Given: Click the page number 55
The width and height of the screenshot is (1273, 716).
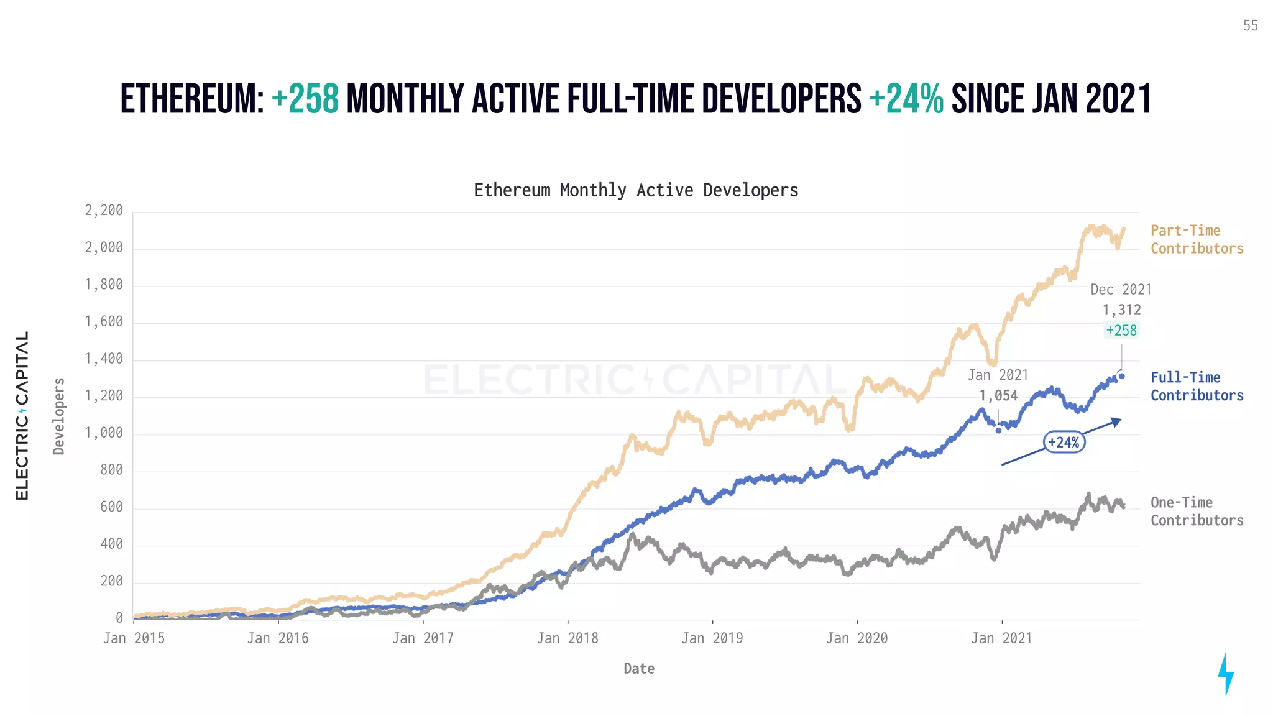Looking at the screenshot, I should pos(1250,25).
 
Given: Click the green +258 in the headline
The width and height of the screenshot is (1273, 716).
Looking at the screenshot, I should pos(305,99).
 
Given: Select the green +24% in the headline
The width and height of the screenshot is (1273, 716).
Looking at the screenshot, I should pos(906,99).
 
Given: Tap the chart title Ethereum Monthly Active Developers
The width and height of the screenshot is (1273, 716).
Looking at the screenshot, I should pos(636,190).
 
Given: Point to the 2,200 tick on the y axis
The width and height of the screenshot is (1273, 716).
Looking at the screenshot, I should pos(104,211).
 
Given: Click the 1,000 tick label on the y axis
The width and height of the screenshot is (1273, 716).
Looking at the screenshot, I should pos(104,433).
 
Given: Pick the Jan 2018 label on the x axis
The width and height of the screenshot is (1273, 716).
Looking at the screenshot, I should pos(568,638).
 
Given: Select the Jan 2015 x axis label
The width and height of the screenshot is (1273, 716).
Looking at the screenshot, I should pos(134,638).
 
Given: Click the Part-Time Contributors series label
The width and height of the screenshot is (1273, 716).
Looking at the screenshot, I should pos(1196,239).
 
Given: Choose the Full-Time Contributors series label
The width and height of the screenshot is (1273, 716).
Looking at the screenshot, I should pos(1196,386).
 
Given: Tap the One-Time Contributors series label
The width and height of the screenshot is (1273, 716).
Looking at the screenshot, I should pos(1196,511).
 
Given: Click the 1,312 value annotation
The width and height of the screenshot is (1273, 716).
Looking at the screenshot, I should pos(1121,310).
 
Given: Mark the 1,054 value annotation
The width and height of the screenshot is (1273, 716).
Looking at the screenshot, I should pos(998,395).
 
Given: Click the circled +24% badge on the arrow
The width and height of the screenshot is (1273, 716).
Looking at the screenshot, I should pos(1064,442).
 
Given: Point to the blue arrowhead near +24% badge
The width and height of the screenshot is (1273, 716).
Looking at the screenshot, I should pos(1117,422).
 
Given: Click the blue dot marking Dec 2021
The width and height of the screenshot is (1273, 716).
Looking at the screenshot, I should pos(1121,376).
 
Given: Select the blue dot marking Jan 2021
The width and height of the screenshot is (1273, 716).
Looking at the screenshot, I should pos(998,430).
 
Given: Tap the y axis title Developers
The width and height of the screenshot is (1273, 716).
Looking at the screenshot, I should pos(59,416).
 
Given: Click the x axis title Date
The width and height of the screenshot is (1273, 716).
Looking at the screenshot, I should pos(639,669).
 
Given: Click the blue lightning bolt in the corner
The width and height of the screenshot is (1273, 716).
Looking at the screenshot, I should pos(1225,674).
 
